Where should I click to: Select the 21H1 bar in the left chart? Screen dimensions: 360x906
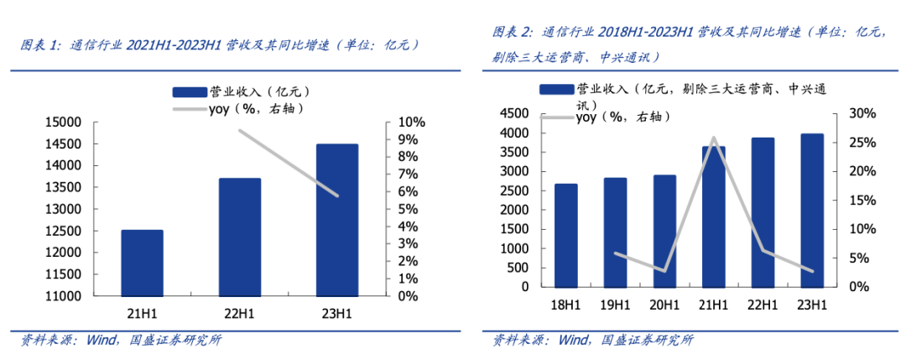coord(142,263)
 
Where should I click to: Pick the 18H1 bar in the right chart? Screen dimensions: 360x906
coord(565,235)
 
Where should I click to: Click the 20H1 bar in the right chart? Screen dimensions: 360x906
coord(664,231)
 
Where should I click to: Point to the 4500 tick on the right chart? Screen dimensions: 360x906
coord(513,113)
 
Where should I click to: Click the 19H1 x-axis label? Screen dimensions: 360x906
coord(615,305)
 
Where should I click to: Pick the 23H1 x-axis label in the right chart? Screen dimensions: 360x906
coord(811,305)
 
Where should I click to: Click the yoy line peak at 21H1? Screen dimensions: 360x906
coord(714,138)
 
